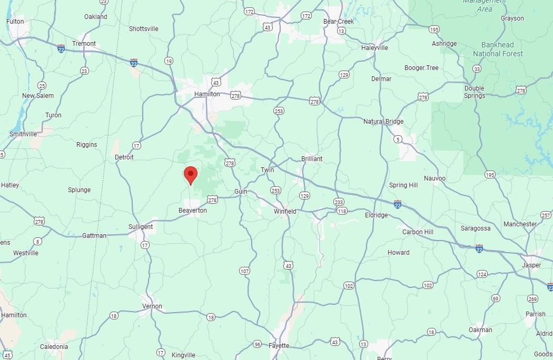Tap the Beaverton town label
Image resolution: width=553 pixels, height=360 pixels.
coord(192,210)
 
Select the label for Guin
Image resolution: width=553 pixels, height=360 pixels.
coord(241,192)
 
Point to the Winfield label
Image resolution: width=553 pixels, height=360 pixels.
coord(285,211)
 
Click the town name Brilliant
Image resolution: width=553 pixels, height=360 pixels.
coord(312,158)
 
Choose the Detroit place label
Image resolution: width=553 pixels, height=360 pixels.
coord(124,157)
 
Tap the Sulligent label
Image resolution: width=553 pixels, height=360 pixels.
coord(141,227)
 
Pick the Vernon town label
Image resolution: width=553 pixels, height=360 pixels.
coord(152,306)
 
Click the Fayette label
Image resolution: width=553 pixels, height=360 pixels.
coord(279,345)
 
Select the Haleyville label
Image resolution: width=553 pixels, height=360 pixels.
coord(375,47)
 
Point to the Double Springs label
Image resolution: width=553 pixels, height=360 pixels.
coord(474,92)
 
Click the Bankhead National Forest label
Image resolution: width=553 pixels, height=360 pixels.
coord(498,49)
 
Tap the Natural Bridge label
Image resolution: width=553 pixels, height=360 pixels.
coord(383,122)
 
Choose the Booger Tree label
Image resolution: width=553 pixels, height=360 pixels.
coord(421,68)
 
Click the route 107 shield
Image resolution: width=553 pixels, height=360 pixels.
coord(244,271)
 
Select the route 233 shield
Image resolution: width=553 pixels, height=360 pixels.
coord(339,202)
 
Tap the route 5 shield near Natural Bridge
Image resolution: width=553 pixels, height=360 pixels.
coord(398,139)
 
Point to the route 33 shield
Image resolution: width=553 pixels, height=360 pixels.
coord(477,69)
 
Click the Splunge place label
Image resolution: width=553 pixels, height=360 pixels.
coord(80,190)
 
